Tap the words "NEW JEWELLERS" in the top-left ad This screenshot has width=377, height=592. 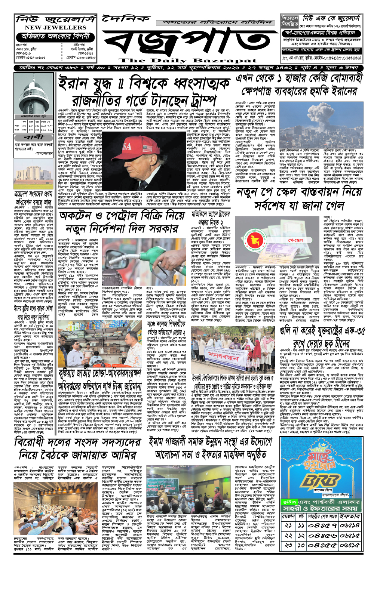coord(55,27)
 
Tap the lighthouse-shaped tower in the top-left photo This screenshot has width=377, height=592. coord(33,93)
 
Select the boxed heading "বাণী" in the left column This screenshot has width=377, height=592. coord(34,138)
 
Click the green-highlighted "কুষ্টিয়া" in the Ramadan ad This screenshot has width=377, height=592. coord(290,502)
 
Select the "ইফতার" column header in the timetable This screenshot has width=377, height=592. coord(349,517)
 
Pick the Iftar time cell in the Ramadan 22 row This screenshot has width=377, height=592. coord(349,536)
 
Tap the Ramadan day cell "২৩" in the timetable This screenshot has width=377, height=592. coord(288,545)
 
